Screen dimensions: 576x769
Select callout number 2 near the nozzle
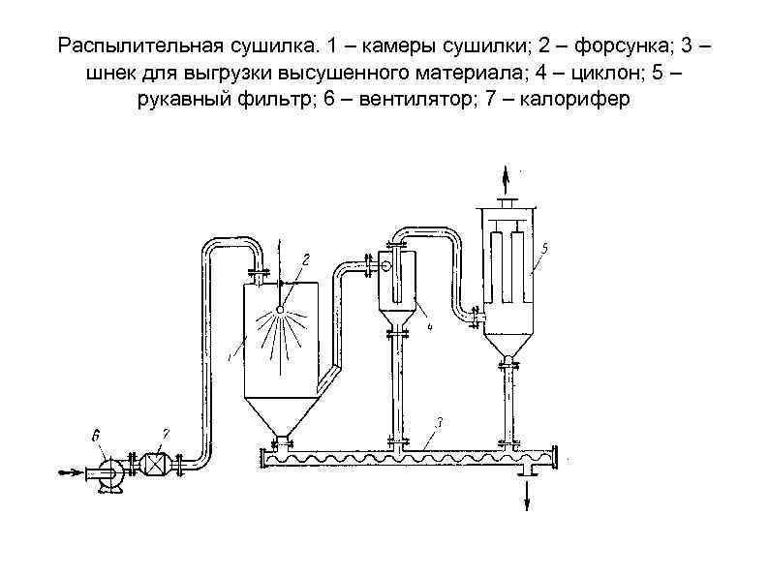click(x=305, y=258)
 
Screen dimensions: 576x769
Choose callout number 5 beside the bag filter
click(x=544, y=249)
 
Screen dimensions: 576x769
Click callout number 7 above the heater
click(x=166, y=435)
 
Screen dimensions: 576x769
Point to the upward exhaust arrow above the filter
click(x=504, y=178)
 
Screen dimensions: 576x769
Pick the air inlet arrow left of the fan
click(x=71, y=472)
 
